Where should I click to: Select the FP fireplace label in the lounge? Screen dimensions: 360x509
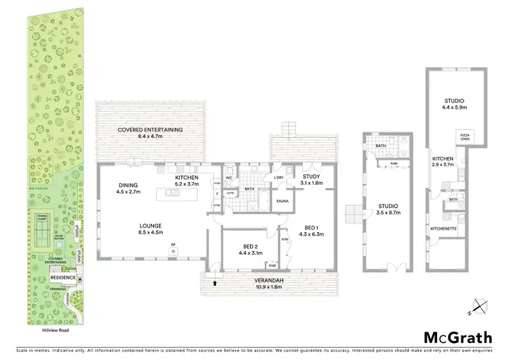coord(173,244)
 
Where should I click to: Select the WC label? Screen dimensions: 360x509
coord(229,178)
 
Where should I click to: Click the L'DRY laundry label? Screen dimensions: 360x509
coord(279,178)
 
